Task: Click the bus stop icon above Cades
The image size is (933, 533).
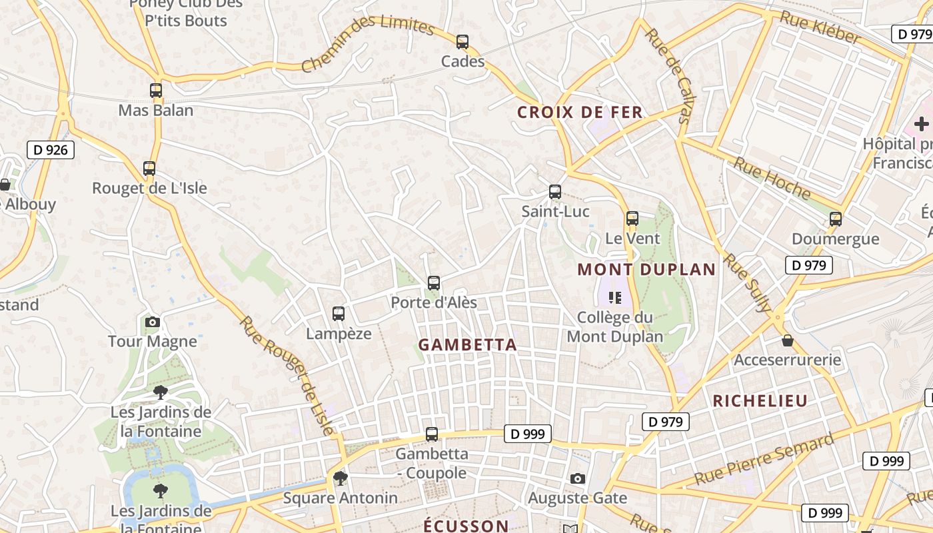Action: (x=463, y=42)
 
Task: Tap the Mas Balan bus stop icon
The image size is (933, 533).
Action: (x=156, y=91)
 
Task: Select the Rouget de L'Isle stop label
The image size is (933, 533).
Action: (x=149, y=188)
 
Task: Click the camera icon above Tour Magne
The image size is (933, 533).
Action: (x=153, y=322)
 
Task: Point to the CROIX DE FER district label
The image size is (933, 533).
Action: (x=580, y=112)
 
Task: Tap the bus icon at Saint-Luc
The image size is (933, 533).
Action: (x=555, y=192)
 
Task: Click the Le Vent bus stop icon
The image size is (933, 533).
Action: (x=632, y=219)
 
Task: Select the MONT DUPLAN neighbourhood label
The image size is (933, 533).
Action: (x=646, y=270)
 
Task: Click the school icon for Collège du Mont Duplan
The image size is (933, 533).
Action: (x=614, y=298)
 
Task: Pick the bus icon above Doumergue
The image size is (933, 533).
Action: (x=836, y=219)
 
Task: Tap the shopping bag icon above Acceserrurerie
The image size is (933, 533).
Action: (x=788, y=341)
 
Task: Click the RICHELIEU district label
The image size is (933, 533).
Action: (x=760, y=400)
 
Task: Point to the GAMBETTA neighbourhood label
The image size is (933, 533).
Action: (x=468, y=344)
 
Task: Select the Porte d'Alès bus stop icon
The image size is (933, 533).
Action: (x=434, y=283)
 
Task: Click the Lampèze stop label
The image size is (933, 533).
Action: (x=339, y=333)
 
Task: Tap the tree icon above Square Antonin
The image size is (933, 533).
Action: (x=341, y=478)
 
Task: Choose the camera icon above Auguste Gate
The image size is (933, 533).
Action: (x=578, y=478)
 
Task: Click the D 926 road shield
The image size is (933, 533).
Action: (x=51, y=150)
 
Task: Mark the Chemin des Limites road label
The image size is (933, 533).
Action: (x=367, y=43)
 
